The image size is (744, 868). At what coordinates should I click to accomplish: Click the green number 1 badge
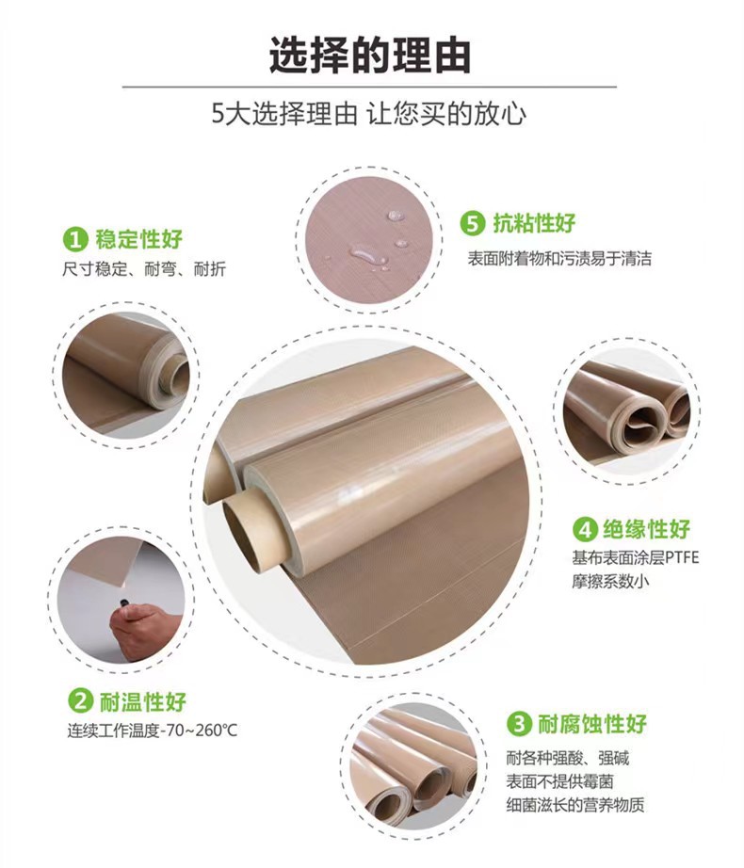(74, 238)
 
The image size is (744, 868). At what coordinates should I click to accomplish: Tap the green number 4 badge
(585, 527)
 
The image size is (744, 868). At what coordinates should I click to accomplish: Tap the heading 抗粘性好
(534, 224)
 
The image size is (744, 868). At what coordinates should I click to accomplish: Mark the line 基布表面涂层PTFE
(635, 556)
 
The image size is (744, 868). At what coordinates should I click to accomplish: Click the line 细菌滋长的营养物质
(575, 805)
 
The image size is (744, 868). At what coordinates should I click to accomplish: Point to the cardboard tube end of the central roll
(250, 527)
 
